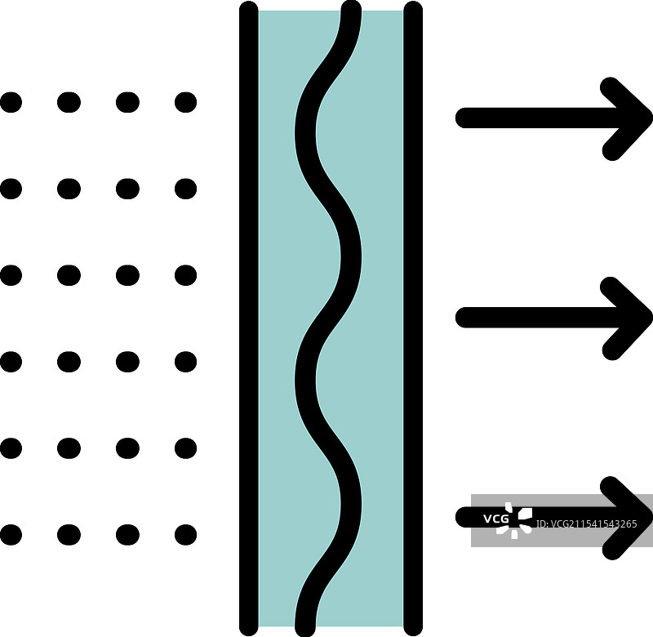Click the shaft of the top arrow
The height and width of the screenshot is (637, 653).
tap(531, 118)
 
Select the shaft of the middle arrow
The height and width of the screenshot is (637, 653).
tap(531, 318)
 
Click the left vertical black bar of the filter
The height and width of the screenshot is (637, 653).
tap(249, 318)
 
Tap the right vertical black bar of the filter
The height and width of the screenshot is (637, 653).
tap(413, 318)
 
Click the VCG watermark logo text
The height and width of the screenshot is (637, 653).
tap(495, 519)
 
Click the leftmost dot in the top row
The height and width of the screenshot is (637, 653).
tap(11, 102)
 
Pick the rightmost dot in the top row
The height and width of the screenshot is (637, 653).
tap(186, 102)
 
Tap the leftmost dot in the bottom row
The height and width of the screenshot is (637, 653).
tap(11, 535)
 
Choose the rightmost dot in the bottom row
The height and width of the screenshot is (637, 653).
tap(186, 535)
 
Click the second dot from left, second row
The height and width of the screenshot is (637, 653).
tap(69, 189)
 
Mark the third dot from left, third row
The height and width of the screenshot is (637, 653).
tap(127, 275)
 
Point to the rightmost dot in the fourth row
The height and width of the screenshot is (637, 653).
tap(186, 362)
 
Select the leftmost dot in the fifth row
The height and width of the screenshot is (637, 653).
tap(11, 448)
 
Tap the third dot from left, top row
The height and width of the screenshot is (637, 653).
tap(127, 102)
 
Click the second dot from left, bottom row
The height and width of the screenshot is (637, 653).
tap(69, 535)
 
